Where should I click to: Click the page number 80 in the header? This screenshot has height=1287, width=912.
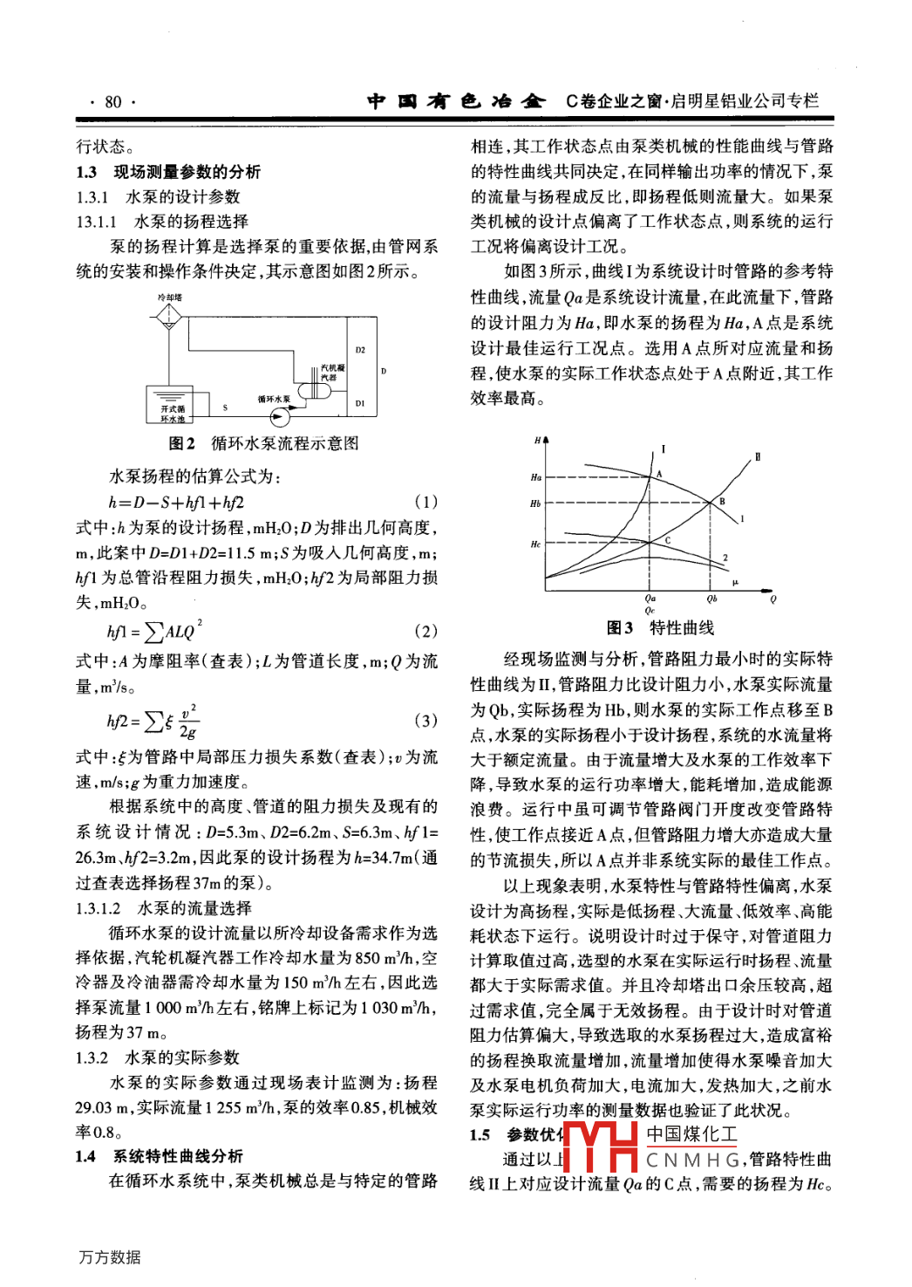tap(113, 102)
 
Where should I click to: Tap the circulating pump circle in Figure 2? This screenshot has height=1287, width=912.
tap(277, 416)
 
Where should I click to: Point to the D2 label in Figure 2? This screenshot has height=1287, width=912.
tap(360, 350)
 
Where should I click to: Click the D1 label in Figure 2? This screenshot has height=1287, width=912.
tap(360, 403)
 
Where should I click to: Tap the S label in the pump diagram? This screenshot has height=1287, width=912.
tap(225, 407)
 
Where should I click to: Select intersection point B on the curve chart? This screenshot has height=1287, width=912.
tap(711, 503)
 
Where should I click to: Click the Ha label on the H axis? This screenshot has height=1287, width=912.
tap(535, 477)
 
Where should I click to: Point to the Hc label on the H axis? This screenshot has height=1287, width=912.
tap(535, 544)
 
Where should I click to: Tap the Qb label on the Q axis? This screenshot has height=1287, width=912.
tap(711, 599)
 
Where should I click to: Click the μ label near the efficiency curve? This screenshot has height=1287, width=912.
tap(735, 582)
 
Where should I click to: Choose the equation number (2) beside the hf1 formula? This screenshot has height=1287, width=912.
tap(425, 631)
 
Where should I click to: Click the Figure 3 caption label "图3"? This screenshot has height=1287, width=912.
tap(620, 628)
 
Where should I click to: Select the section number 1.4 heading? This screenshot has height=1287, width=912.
tap(85, 1156)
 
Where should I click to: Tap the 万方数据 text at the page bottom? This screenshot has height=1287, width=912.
tap(110, 1257)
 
